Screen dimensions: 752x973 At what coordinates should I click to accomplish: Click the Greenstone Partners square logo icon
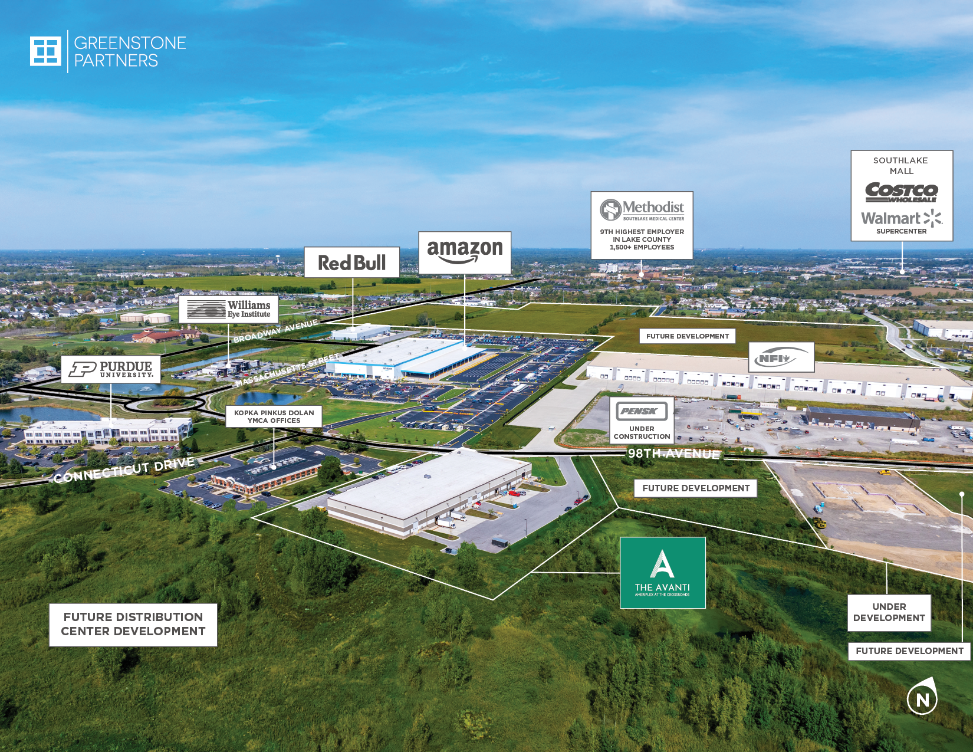coord(45,51)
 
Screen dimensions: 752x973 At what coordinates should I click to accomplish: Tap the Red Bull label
coord(351,262)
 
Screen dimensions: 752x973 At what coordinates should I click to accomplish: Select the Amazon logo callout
coord(465,252)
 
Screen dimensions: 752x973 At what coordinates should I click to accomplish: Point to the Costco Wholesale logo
coord(901,192)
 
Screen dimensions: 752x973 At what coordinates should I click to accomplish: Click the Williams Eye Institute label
coord(229,309)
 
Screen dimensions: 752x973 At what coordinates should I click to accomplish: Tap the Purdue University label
coord(111,369)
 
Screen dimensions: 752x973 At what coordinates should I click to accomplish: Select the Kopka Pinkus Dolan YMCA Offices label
coord(274,416)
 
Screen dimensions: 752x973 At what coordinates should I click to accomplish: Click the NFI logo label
coord(781,357)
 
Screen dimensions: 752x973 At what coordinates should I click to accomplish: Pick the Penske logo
coord(642,411)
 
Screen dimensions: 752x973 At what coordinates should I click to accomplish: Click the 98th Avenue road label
coord(673,454)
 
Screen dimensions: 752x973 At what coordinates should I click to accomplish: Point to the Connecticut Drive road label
coord(124,469)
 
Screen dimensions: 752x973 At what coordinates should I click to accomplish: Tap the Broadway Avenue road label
coord(275,331)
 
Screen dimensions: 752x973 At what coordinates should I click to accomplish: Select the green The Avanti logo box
coord(663,572)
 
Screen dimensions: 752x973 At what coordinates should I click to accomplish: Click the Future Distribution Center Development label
coord(133,624)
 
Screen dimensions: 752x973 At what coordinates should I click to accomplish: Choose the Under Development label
coord(889,612)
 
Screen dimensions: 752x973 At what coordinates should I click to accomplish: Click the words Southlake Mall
coord(901,166)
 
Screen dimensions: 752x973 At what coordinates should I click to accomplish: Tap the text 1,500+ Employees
coord(642,247)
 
